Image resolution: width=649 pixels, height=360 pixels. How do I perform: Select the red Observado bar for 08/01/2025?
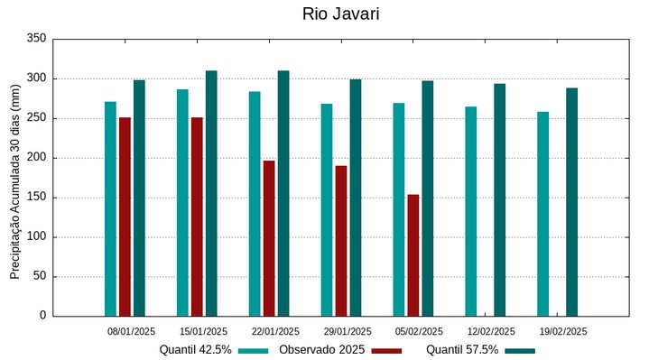coord(125,217)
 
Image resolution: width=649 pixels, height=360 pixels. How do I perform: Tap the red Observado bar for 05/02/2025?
coord(413,255)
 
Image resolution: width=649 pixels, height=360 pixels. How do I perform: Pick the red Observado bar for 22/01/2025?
coord(269,238)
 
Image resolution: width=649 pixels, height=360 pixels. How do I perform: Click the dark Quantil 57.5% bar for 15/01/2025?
coord(211,193)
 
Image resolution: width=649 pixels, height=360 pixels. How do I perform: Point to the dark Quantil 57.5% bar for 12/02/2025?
coord(499,199)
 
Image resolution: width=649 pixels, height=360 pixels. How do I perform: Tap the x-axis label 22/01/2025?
coord(275,331)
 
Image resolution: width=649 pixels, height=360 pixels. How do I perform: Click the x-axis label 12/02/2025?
coord(492,331)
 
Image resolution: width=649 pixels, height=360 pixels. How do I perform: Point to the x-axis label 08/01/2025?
coord(132,331)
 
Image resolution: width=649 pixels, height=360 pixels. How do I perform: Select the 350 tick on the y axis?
coord(36,39)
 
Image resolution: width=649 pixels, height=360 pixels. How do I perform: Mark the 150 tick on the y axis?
coord(36,198)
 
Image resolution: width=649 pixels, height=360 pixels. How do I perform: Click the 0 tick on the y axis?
coord(42,316)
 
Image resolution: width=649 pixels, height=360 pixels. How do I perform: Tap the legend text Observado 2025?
coord(321,350)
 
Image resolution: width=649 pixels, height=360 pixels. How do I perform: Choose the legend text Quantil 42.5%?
coord(196,350)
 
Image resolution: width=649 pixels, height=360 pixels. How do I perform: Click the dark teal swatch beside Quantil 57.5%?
coord(520,350)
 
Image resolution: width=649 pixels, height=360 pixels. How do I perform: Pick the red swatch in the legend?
coord(387,350)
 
